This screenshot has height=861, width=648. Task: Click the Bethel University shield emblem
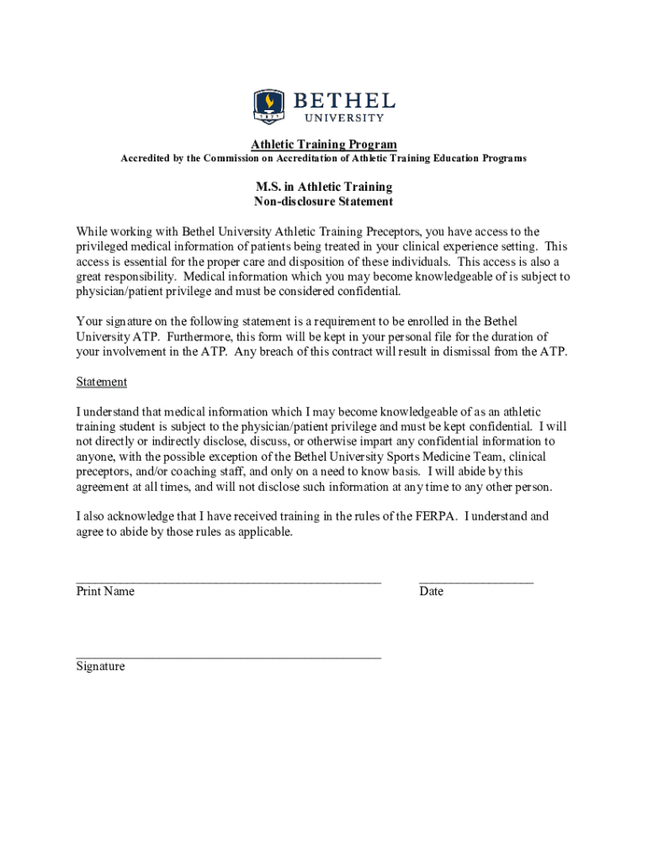[x=269, y=107]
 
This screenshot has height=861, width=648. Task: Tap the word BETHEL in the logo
[x=344, y=101]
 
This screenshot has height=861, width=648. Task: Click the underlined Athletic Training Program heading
[x=324, y=145]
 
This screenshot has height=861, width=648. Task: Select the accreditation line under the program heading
[x=324, y=158]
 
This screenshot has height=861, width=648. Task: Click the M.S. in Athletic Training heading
[x=324, y=187]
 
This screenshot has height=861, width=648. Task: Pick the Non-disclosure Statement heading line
[x=324, y=202]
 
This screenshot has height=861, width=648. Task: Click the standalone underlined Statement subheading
[x=102, y=382]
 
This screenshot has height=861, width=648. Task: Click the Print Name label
[x=105, y=591]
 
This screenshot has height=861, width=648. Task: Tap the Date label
[x=431, y=591]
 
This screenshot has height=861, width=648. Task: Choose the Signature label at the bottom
[x=100, y=666]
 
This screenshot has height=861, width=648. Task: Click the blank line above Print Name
[x=228, y=580]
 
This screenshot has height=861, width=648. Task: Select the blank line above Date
[x=475, y=580]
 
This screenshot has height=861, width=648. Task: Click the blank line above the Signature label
[x=228, y=656]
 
